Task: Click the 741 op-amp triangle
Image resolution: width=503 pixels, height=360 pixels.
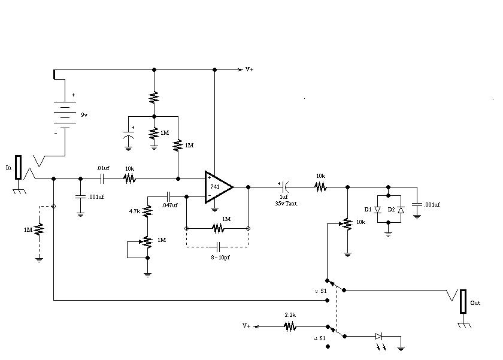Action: coord(219,187)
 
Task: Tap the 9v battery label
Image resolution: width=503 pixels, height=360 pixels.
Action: coord(84,115)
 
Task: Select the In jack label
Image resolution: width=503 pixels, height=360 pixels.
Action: coord(8,168)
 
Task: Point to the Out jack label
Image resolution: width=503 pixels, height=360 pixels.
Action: coord(475,303)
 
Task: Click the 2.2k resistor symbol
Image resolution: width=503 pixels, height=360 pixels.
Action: coord(290,327)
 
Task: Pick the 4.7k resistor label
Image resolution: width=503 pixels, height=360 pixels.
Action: coord(134,211)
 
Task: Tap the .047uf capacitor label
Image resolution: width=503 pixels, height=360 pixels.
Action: coord(169,205)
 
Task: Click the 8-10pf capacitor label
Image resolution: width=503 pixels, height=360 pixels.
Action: coord(220,258)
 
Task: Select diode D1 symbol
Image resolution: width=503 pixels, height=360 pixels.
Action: coord(378,210)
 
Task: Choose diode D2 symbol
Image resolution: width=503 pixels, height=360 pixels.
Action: coord(401,210)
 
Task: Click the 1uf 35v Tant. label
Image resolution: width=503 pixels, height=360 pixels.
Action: coord(286,200)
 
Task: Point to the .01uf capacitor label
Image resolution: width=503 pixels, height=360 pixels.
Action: coord(103,168)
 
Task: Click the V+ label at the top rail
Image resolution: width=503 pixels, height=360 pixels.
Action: coord(249,69)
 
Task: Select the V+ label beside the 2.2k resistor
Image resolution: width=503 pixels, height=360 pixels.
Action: coord(246,326)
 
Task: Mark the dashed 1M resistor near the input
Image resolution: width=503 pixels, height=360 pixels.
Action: coord(39,230)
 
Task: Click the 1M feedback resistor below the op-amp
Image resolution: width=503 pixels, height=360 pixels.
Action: coord(218,228)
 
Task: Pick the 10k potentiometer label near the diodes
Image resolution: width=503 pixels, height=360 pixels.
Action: coord(360,222)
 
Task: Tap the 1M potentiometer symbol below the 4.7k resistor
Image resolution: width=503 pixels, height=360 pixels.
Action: coord(147,242)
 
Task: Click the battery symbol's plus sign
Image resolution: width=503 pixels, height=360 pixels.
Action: coord(74,95)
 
